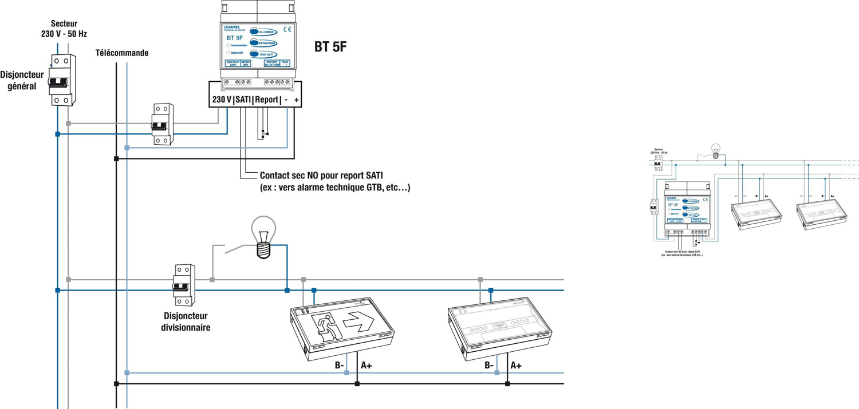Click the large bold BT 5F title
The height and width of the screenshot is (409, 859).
(x=330, y=47)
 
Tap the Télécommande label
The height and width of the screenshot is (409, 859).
(x=121, y=53)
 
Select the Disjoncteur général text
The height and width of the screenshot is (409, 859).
(x=22, y=80)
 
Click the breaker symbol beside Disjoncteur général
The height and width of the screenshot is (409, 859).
(x=61, y=81)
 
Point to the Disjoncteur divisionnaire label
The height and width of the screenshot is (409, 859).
(x=186, y=321)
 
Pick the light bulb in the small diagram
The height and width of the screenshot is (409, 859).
(x=715, y=152)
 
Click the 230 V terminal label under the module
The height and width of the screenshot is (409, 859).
(x=222, y=100)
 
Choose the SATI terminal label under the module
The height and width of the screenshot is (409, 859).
(x=243, y=100)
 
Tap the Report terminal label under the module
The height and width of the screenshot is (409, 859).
(x=267, y=100)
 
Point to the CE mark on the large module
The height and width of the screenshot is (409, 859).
(x=287, y=30)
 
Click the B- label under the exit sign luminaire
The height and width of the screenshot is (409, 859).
(x=339, y=365)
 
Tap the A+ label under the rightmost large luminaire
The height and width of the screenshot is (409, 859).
(x=515, y=365)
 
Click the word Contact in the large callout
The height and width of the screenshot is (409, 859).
(x=274, y=176)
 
